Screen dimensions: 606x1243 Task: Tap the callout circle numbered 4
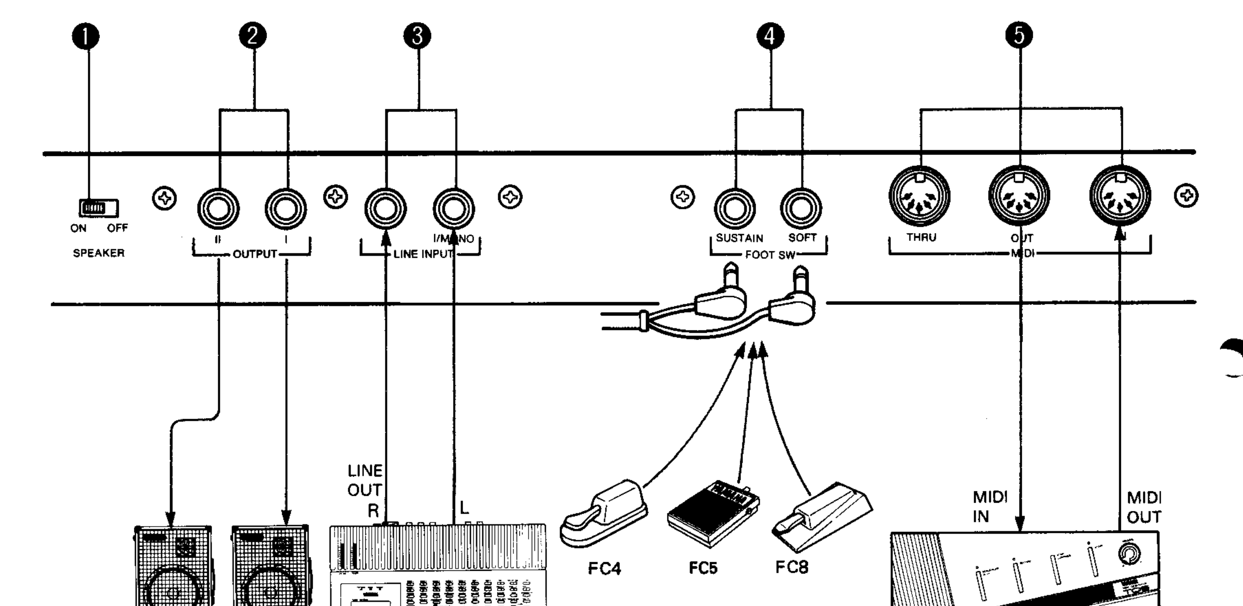[x=770, y=36]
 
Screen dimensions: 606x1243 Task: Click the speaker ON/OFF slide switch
[x=98, y=208]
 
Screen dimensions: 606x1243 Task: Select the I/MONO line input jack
[x=453, y=209]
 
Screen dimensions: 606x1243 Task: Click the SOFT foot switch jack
[x=801, y=209]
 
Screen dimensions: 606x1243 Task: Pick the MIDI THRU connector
[x=920, y=196]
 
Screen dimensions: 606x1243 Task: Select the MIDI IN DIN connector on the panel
[x=1120, y=196]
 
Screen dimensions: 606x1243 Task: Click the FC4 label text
[x=604, y=569]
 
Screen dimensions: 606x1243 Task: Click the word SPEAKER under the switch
[x=98, y=253]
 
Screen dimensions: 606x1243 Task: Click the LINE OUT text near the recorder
[x=365, y=480]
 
